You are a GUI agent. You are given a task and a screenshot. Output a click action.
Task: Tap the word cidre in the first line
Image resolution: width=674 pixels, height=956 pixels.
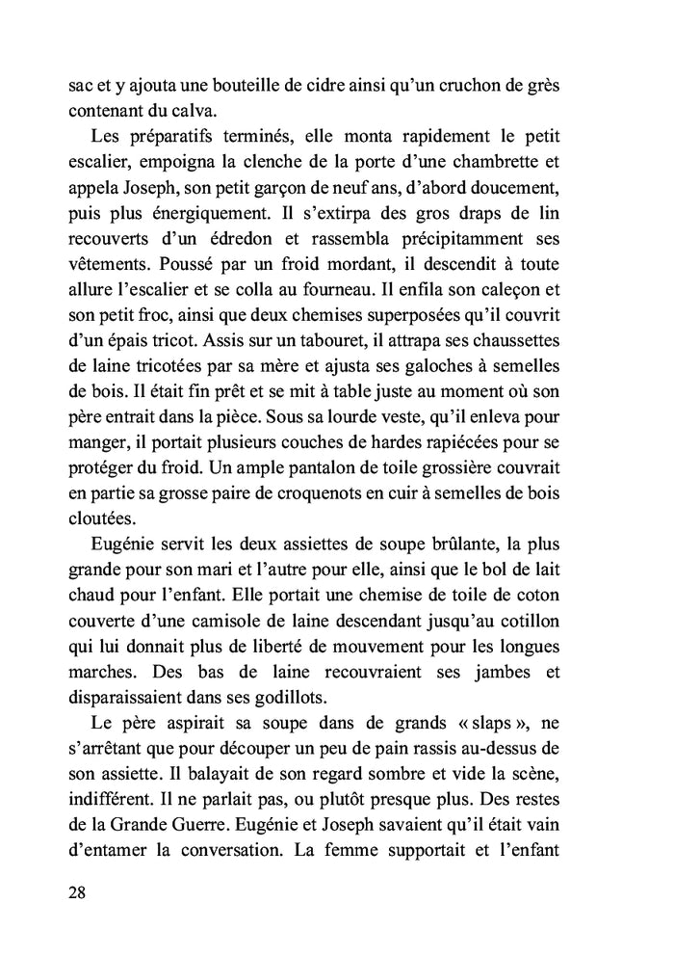point(327,85)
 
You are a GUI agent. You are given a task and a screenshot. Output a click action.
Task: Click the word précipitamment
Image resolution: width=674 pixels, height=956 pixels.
point(467,235)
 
